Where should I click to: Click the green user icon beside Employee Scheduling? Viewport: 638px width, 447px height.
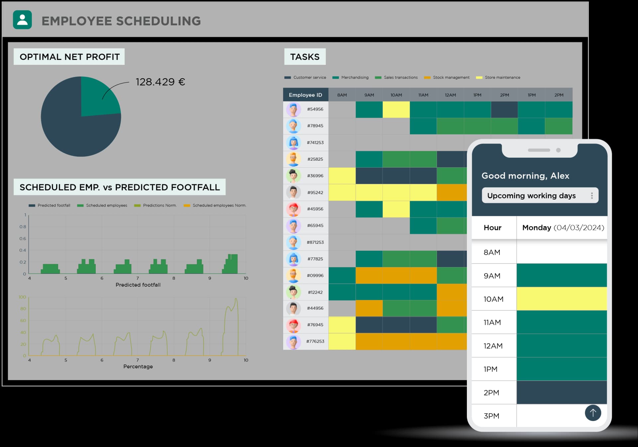pyautogui.click(x=22, y=20)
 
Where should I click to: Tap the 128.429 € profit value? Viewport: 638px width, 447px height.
pyautogui.click(x=160, y=82)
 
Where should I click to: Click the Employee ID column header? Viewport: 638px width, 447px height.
pyautogui.click(x=305, y=95)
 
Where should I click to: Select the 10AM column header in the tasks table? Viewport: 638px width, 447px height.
pyautogui.click(x=396, y=95)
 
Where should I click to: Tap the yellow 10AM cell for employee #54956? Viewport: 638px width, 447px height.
pyautogui.click(x=396, y=109)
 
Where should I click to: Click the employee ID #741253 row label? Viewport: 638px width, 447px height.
pyautogui.click(x=315, y=143)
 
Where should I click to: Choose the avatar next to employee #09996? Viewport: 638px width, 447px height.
pyautogui.click(x=293, y=275)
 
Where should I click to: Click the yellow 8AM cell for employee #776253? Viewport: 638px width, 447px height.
pyautogui.click(x=342, y=342)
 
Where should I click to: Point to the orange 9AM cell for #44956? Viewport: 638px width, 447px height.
pyautogui.click(x=369, y=308)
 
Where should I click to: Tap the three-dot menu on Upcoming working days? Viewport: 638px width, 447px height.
pyautogui.click(x=592, y=196)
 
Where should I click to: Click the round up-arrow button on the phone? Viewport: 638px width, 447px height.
pyautogui.click(x=593, y=413)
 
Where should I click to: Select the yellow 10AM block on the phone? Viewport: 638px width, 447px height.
pyautogui.click(x=562, y=299)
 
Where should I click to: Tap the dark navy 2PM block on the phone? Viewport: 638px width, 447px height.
pyautogui.click(x=562, y=392)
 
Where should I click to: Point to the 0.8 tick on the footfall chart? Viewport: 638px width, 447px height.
pyautogui.click(x=23, y=227)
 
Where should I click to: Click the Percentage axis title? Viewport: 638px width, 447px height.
pyautogui.click(x=138, y=367)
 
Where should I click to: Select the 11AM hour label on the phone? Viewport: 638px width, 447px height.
pyautogui.click(x=492, y=322)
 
